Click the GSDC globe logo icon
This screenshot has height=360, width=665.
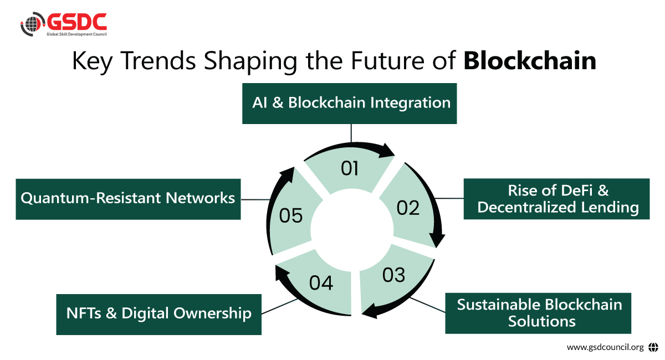(31, 25)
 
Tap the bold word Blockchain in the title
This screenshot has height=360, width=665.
(530, 61)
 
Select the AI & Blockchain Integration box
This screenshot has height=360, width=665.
(350, 104)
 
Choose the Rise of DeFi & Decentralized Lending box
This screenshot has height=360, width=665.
(556, 199)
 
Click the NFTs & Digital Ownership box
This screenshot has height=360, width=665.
(159, 314)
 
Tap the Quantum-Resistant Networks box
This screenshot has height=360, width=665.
(128, 198)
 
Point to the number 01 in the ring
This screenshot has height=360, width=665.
(350, 168)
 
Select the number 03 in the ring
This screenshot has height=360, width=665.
(393, 275)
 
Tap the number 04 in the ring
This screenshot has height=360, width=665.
(321, 283)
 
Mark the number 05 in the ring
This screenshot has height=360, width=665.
(291, 215)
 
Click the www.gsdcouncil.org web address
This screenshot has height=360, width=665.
(605, 347)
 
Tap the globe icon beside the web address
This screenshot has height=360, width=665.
(653, 347)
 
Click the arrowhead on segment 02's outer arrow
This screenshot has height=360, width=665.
(438, 241)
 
